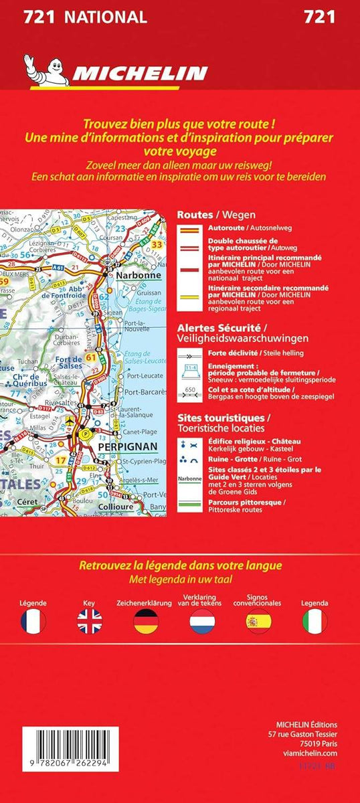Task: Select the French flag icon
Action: tap(33, 622)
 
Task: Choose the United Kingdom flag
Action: tap(89, 622)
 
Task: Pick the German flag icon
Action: tap(145, 622)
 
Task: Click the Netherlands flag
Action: tap(201, 622)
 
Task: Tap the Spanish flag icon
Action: tap(258, 622)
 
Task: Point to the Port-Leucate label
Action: tap(147, 375)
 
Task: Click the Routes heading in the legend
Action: tap(192, 216)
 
